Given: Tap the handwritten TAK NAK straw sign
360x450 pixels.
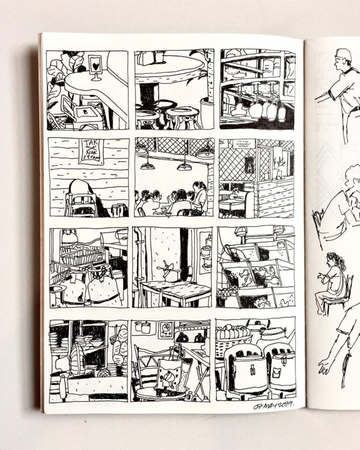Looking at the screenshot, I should click(x=91, y=150).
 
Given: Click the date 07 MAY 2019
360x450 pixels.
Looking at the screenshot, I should click(x=273, y=406).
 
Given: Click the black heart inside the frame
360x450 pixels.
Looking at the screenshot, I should click(x=95, y=66).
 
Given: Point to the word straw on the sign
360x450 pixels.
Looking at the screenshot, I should click(x=91, y=157).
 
